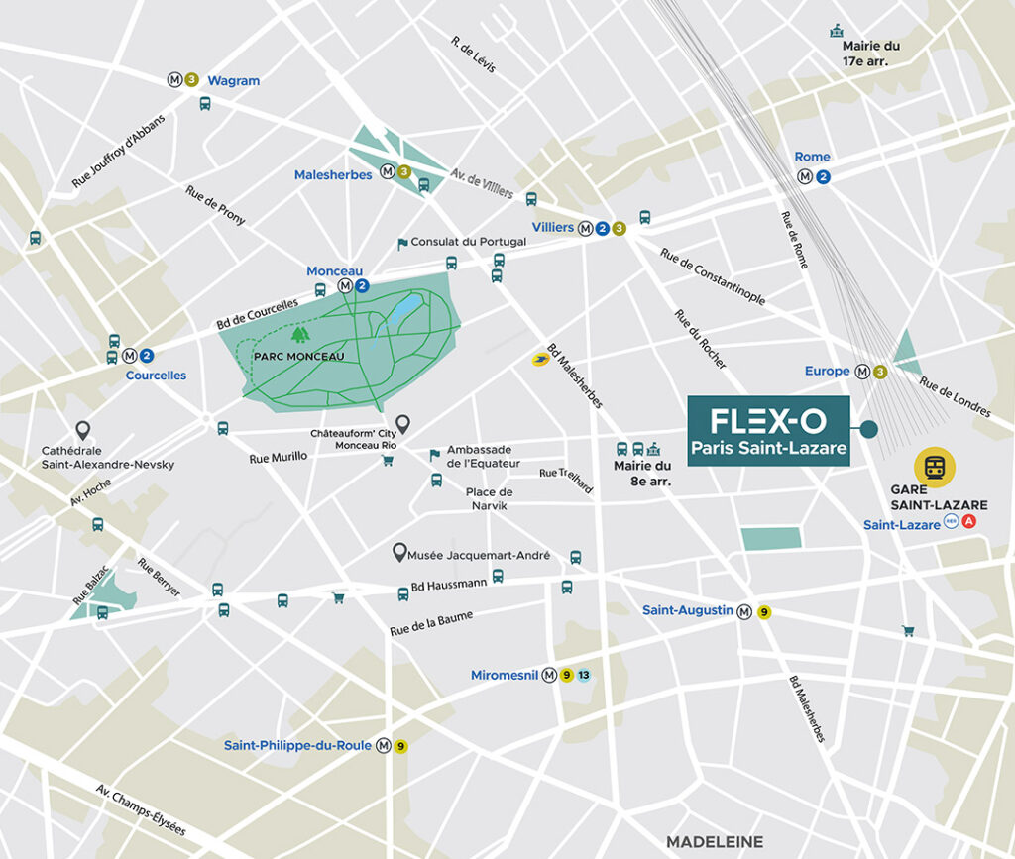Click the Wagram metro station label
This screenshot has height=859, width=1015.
click(x=233, y=80)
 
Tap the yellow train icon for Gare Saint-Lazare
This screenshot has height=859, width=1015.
click(x=935, y=468)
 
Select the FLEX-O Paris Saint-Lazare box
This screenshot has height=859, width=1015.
click(x=769, y=430)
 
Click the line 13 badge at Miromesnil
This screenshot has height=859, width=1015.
click(x=584, y=676)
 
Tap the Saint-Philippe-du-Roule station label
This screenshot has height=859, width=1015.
click(x=297, y=746)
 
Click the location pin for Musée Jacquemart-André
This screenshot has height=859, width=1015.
click(x=400, y=553)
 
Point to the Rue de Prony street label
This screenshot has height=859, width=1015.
click(x=215, y=205)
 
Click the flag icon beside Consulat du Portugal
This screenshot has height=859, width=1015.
click(x=402, y=243)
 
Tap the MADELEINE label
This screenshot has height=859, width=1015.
click(x=715, y=841)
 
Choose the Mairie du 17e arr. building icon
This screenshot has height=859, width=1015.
click(x=836, y=31)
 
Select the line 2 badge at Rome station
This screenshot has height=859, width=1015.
click(x=822, y=177)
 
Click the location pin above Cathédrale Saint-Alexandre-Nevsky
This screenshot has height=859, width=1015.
click(x=83, y=430)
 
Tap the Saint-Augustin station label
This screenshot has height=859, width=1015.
click(x=687, y=611)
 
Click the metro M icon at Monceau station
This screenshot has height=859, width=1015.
click(x=345, y=286)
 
